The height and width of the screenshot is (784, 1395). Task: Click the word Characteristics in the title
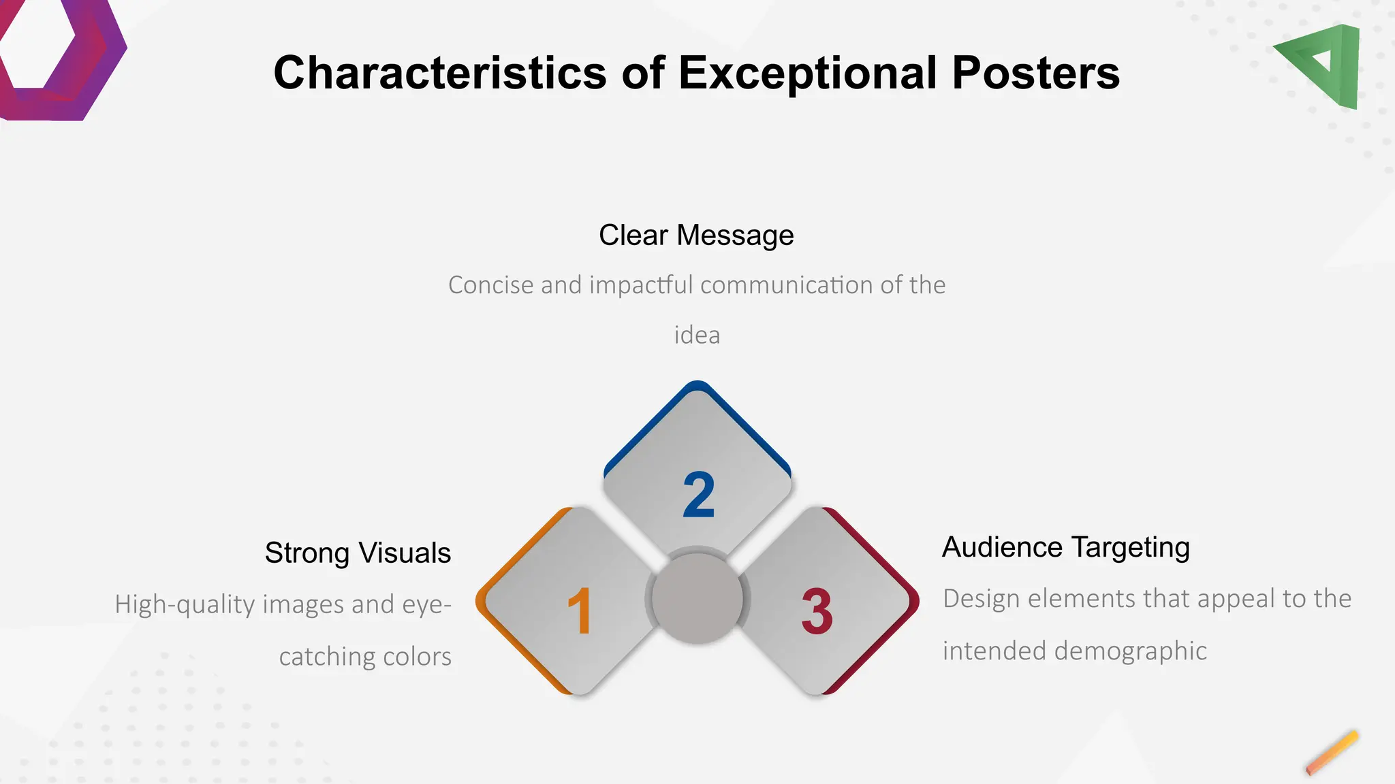coord(439,73)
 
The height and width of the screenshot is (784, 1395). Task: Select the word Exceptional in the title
coord(807,73)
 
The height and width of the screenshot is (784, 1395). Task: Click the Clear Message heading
coord(696,235)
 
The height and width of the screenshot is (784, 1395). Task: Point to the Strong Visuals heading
coord(358,553)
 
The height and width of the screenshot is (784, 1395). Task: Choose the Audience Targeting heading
coord(1065,547)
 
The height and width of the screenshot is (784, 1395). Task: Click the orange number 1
coord(580,611)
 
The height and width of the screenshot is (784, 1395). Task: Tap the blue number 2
coord(699,495)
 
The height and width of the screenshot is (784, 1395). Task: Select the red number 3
coord(817,611)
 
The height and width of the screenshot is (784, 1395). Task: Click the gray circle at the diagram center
coord(697,598)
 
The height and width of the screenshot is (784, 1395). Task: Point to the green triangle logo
coord(1325,65)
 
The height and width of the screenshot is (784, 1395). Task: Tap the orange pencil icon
coord(1332,753)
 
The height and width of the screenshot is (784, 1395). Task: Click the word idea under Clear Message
coord(697,336)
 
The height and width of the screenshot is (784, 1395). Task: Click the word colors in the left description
coord(417,657)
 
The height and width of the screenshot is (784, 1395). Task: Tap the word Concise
coord(490,285)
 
